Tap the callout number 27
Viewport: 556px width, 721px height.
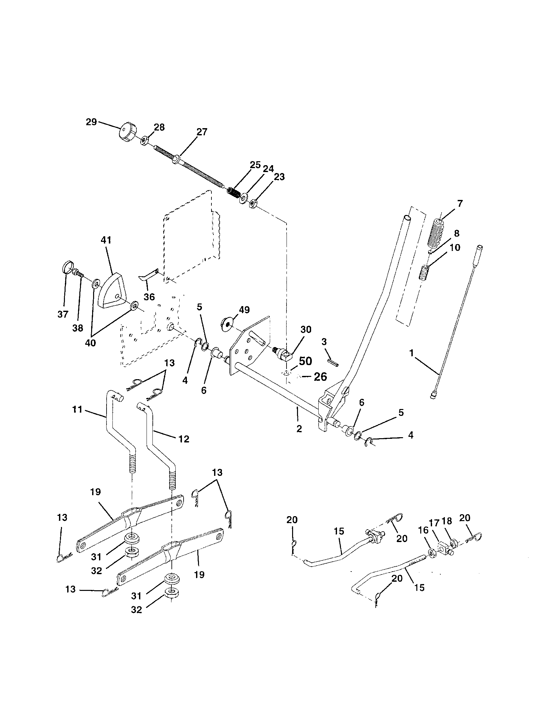pyautogui.click(x=202, y=132)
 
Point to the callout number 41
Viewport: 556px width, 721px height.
pyautogui.click(x=106, y=240)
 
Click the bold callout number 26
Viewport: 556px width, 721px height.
pyautogui.click(x=320, y=376)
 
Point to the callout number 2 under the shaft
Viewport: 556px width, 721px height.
pyautogui.click(x=299, y=429)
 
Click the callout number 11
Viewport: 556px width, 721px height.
pyautogui.click(x=77, y=410)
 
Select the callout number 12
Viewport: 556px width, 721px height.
pyautogui.click(x=184, y=439)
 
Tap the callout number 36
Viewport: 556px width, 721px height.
pyautogui.click(x=149, y=297)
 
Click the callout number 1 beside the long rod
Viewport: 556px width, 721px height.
pyautogui.click(x=411, y=353)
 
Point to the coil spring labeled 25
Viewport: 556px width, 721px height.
pyautogui.click(x=234, y=192)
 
